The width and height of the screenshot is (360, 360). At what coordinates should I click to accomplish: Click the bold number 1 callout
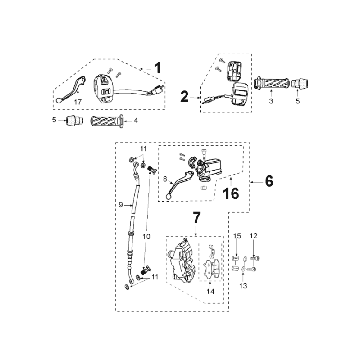[x=158, y=68]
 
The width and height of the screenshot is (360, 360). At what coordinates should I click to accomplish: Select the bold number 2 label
[x=184, y=97]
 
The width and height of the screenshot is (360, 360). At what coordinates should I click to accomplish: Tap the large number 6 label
[x=269, y=181]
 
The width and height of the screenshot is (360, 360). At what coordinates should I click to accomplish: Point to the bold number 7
[x=197, y=217]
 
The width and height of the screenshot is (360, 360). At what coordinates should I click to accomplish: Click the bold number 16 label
[x=231, y=193]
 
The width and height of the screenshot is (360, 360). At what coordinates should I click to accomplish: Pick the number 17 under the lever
[x=78, y=102]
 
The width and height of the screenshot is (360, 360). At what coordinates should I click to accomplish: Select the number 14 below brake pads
[x=210, y=291]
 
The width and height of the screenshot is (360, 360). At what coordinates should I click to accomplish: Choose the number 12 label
[x=254, y=236]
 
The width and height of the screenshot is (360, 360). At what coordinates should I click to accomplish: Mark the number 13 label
[x=243, y=286]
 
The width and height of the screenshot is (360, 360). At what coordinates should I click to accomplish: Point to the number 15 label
[x=237, y=236]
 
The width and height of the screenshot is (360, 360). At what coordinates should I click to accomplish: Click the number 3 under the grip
[x=271, y=101]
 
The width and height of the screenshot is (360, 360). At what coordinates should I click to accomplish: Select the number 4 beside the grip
[x=135, y=120]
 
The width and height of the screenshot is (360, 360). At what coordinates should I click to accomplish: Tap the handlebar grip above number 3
[x=271, y=83]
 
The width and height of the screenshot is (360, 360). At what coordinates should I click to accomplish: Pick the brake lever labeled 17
[x=71, y=90]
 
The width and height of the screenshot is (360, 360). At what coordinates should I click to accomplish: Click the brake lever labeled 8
[x=179, y=185]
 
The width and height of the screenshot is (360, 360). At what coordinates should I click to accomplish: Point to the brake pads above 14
[x=211, y=265]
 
